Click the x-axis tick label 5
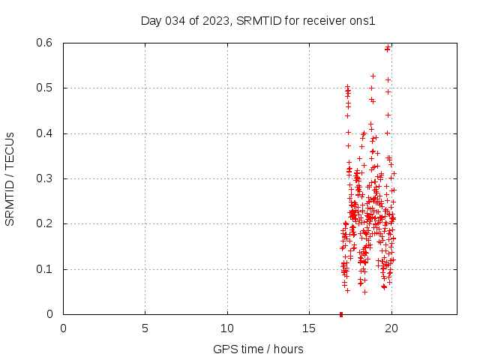(x=145, y=328)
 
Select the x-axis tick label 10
(x=227, y=328)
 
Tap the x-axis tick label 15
(x=309, y=328)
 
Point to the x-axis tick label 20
(x=391, y=328)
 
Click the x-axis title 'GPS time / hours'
(x=258, y=349)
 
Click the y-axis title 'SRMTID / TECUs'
(x=10, y=178)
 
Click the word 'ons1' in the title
(x=362, y=20)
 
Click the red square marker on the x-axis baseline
(x=341, y=314)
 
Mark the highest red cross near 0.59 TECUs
(x=388, y=48)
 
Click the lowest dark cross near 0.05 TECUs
(x=347, y=290)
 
